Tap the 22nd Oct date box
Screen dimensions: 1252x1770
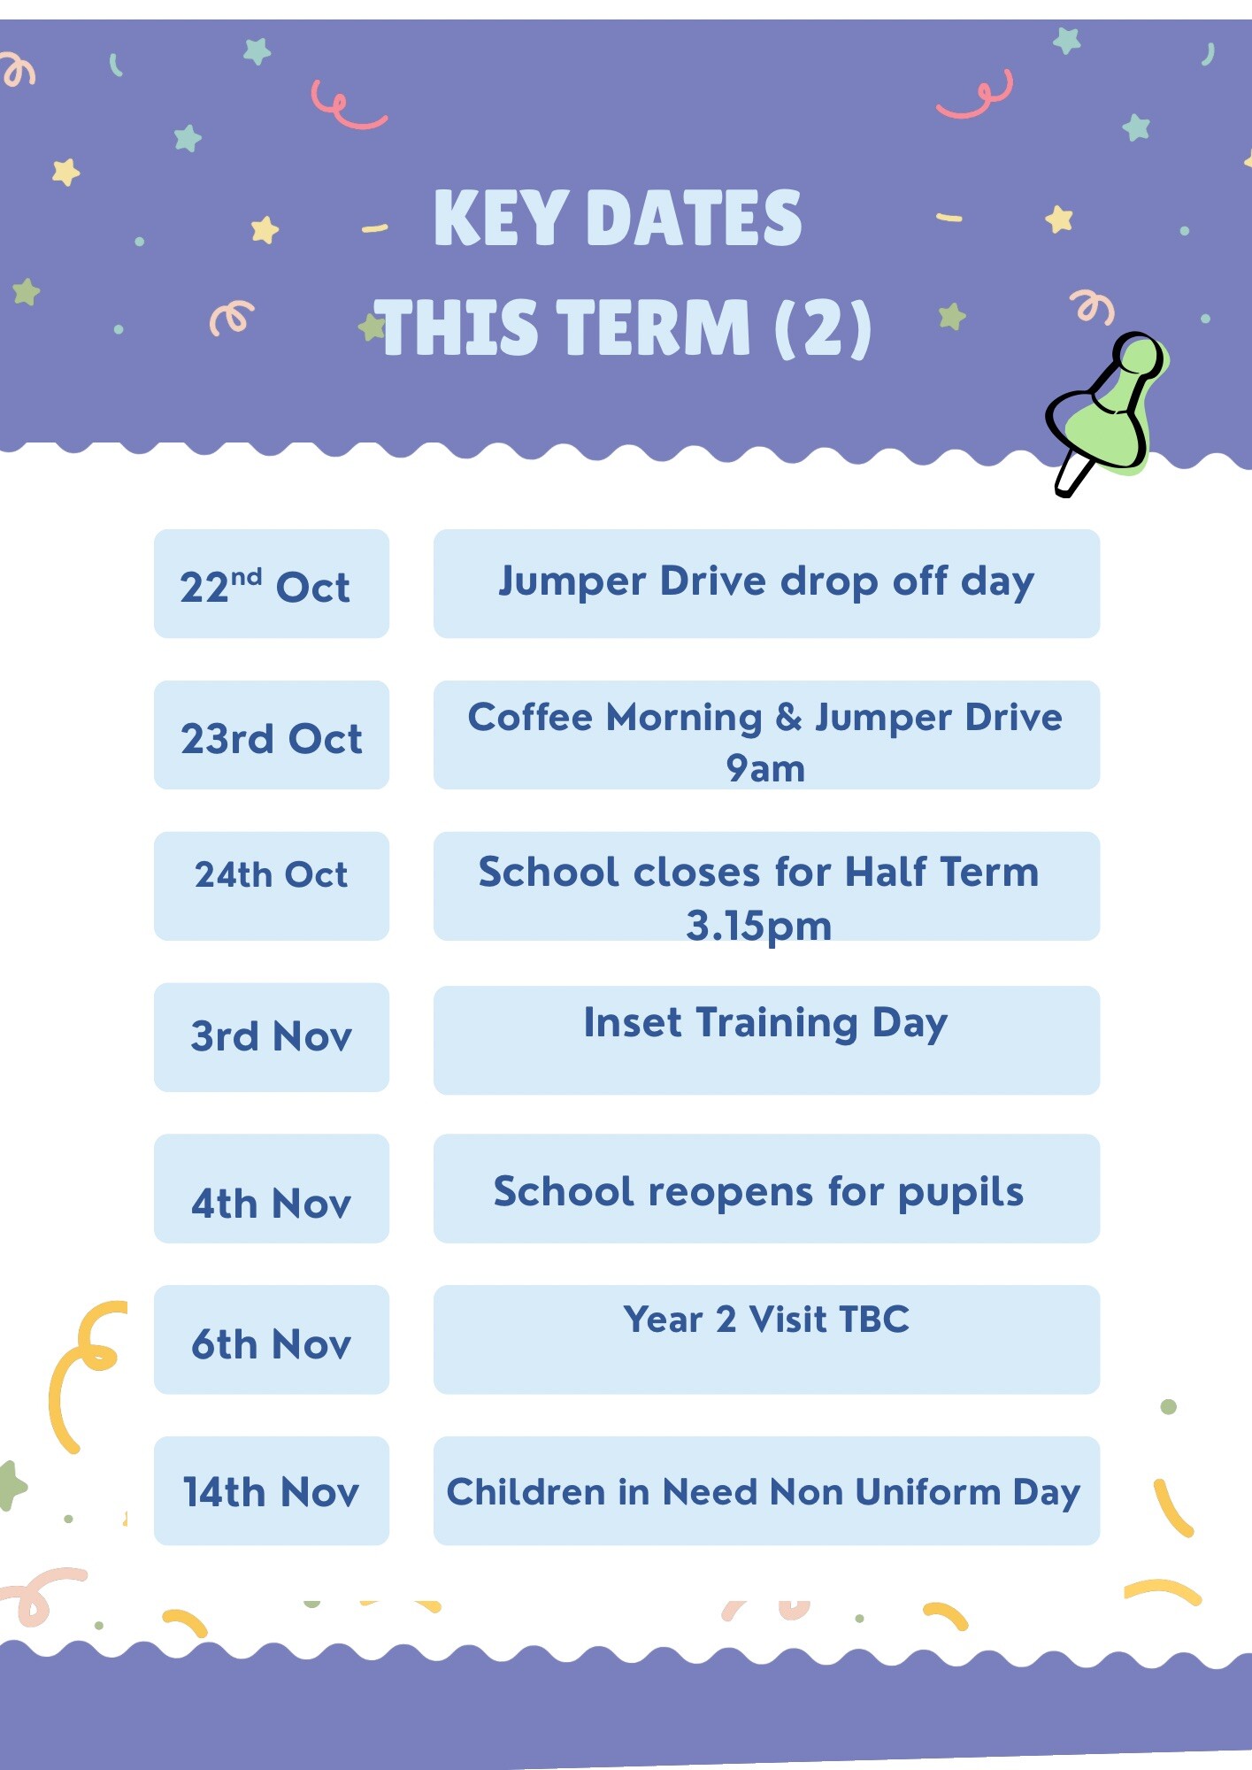tap(272, 584)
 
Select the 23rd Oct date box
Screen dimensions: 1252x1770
tap(272, 735)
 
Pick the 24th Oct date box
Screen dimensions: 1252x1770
tap(272, 886)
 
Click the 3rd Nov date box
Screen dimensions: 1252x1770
tap(272, 1037)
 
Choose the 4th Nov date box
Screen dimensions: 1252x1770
tap(272, 1189)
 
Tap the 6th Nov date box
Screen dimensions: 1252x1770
tap(272, 1340)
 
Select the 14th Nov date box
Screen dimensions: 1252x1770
tap(272, 1491)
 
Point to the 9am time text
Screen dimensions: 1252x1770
tap(765, 769)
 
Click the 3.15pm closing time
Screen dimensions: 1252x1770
tap(759, 927)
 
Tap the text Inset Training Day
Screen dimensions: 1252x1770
tap(766, 1024)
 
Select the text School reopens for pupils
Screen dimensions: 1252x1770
tap(758, 1193)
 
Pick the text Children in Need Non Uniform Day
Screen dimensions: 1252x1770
tap(764, 1493)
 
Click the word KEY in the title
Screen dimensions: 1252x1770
tap(501, 218)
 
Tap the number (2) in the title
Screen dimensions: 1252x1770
tap(824, 328)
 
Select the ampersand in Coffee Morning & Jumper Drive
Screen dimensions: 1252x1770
tap(789, 717)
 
